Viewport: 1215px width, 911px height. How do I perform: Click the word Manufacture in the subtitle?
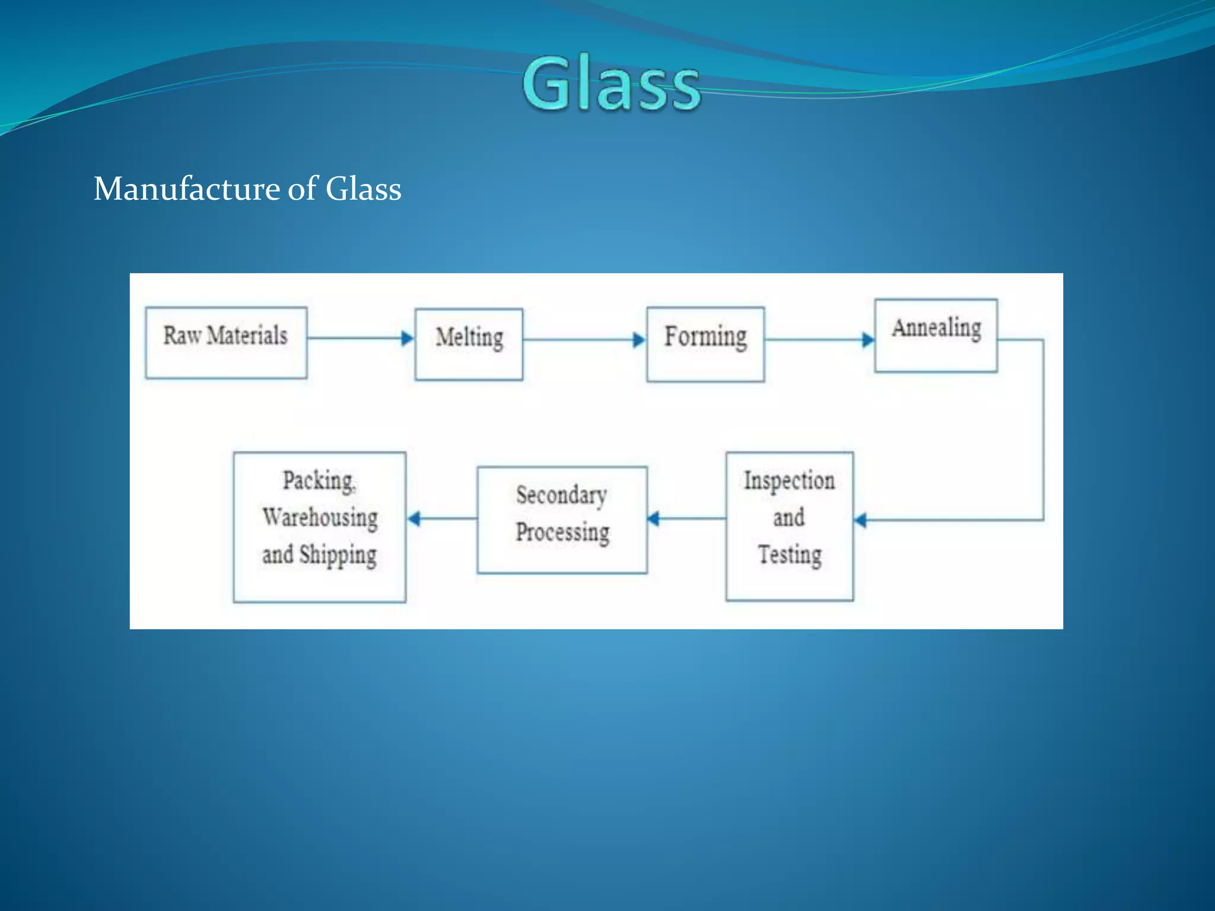point(187,189)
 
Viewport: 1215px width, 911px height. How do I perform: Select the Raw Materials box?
point(226,342)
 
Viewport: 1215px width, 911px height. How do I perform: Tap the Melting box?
point(469,344)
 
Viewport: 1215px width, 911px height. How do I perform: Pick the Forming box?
point(705,344)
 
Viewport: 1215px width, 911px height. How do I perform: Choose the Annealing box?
point(936,336)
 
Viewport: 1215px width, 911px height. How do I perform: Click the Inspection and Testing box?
point(790,526)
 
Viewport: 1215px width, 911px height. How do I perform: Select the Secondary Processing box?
point(562,520)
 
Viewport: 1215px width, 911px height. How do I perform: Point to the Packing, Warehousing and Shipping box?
point(319,527)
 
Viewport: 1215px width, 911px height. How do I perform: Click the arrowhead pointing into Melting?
point(408,339)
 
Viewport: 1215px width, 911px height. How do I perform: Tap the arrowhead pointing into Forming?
point(639,340)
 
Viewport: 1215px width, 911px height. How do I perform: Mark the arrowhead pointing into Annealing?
point(868,340)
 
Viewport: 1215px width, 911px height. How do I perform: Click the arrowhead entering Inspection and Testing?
point(860,520)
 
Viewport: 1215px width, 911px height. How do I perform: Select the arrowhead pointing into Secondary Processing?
point(653,519)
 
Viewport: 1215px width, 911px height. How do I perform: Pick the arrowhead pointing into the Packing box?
point(414,519)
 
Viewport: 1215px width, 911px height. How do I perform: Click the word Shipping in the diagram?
point(338,555)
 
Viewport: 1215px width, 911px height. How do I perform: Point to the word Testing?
point(790,555)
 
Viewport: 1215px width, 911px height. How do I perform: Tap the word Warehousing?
point(320,517)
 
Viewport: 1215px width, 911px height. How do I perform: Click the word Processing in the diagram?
point(562,532)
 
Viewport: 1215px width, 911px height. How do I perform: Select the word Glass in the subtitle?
point(363,189)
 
